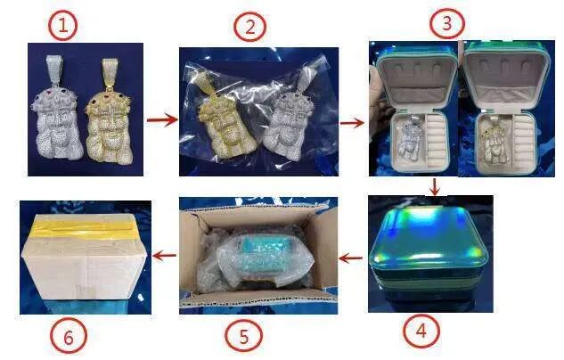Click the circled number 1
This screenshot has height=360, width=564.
click(62, 26)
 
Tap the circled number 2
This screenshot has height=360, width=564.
click(249, 27)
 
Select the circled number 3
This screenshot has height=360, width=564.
click(447, 23)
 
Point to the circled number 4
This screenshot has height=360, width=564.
click(421, 331)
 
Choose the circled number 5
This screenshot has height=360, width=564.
click(243, 336)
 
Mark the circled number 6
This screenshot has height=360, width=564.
click(68, 336)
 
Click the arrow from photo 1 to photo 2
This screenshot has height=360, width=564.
click(162, 119)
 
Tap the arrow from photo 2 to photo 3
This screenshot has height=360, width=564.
click(352, 123)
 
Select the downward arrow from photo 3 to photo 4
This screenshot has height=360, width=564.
click(435, 186)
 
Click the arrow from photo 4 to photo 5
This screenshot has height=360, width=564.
click(351, 258)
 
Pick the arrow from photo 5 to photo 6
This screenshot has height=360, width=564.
click(164, 256)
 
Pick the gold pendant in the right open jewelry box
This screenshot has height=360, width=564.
click(495, 141)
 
